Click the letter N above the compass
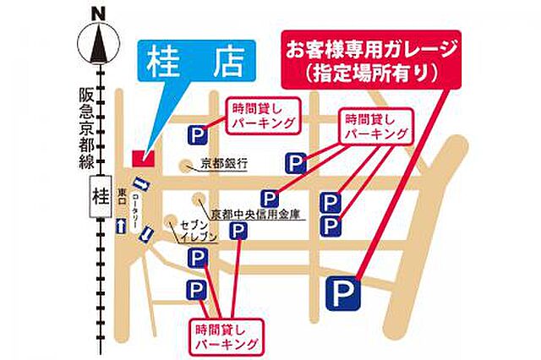click(100, 13)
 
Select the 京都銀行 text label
click(223, 165)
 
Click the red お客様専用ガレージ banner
click(373, 59)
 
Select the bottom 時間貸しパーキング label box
click(224, 335)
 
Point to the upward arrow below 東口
click(123, 226)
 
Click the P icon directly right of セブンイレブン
click(240, 232)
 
